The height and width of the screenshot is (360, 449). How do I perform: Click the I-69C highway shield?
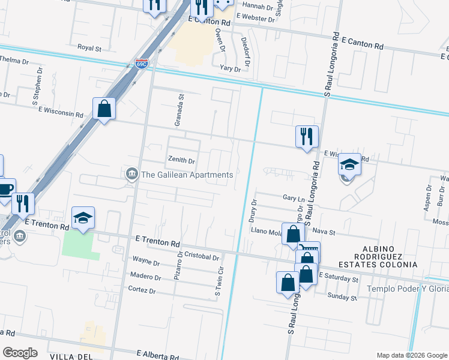pos(141,63)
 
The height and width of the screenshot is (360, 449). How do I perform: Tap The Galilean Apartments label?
pos(186,175)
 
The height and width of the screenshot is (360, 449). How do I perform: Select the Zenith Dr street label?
pos(180,161)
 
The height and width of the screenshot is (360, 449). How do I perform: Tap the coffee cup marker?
pos(5,190)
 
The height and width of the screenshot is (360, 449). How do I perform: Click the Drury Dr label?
pos(253,210)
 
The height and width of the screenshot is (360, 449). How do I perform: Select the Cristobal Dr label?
pos(201,257)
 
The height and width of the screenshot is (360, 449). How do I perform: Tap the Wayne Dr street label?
pos(146,262)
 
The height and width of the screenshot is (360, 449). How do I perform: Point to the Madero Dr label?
pos(146,277)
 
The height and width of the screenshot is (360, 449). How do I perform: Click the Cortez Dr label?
pos(142,290)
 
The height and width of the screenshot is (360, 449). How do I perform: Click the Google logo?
pos(20,353)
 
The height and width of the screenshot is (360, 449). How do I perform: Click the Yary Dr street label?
pos(230,69)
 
